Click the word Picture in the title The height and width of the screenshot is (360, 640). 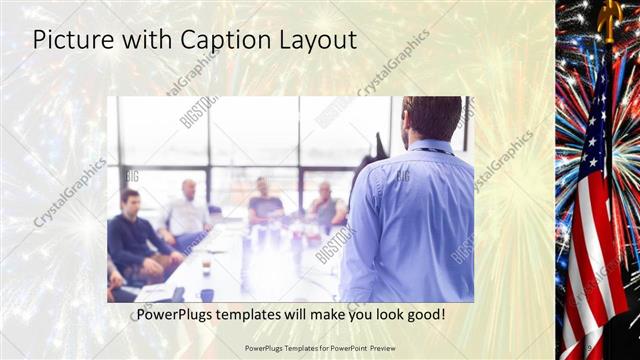(x=73, y=41)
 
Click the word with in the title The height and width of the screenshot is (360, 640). (x=147, y=41)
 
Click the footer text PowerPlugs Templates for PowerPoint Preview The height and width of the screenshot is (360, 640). (x=320, y=348)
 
